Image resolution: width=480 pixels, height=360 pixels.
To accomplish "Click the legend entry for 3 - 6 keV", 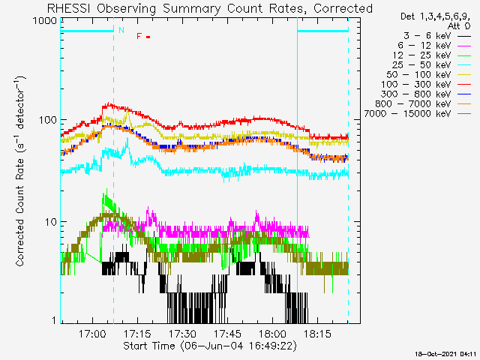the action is [427, 36].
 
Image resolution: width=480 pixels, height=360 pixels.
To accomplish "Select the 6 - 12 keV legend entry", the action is [424, 46].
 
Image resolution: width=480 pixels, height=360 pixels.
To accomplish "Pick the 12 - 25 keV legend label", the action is [421, 55].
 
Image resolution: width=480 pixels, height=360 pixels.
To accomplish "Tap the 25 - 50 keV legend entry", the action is [421, 65].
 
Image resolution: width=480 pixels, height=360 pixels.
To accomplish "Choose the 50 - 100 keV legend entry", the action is [418, 75].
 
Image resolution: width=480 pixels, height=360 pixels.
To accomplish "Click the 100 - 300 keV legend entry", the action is [416, 85].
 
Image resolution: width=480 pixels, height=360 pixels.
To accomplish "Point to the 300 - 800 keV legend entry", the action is [416, 94].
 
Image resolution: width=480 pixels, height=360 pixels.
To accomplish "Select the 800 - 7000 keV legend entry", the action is [413, 104].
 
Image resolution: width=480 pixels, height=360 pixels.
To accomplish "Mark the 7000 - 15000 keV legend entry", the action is [407, 114].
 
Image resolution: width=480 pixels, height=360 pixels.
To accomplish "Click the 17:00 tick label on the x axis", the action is [92, 334].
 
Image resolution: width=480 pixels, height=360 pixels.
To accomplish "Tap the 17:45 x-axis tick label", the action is [227, 334].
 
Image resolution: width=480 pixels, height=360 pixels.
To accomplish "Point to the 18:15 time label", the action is [317, 334].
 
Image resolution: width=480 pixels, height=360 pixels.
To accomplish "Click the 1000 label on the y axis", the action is [45, 21].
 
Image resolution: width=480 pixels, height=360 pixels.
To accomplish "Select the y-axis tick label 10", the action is [51, 222].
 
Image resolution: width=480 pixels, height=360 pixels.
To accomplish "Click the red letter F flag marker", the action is [139, 36].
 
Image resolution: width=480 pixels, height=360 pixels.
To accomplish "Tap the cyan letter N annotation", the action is [121, 30].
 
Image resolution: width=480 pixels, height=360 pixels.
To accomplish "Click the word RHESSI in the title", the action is [68, 8].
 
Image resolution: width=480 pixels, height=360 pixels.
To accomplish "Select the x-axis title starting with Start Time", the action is [210, 346].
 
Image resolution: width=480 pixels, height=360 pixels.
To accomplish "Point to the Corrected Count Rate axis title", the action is [20, 172].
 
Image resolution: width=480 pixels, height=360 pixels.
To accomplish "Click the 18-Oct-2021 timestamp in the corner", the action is [445, 354].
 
